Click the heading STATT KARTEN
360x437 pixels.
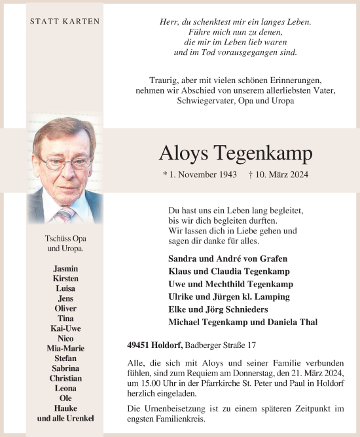click(65, 22)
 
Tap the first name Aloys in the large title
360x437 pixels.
click(184, 154)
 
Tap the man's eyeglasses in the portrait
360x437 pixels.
click(65, 161)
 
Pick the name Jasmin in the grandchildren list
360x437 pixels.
click(65, 269)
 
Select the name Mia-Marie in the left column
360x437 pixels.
click(65, 349)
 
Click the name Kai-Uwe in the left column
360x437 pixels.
click(65, 328)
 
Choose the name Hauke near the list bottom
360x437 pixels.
click(65, 408)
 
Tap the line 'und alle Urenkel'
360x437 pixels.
click(65, 418)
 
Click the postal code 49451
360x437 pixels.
click(139, 344)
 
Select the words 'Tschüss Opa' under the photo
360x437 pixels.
click(65, 239)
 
